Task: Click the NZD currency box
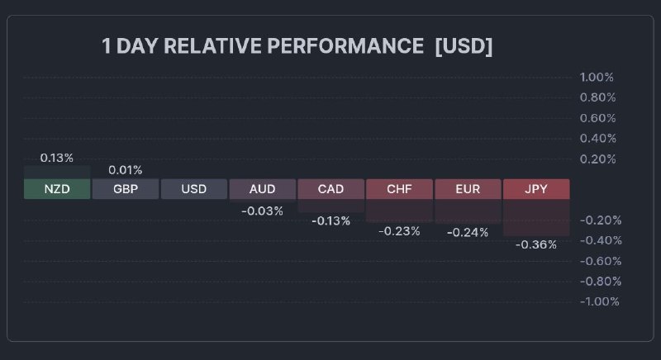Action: (56, 189)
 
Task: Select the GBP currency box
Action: (125, 189)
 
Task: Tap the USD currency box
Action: (193, 189)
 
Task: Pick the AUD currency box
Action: (262, 189)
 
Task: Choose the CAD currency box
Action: (330, 189)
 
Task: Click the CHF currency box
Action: (399, 189)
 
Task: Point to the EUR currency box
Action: (468, 189)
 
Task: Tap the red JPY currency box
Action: (536, 189)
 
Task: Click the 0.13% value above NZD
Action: (56, 158)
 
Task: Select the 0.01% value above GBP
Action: (125, 170)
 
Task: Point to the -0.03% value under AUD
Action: (262, 211)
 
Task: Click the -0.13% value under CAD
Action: (330, 220)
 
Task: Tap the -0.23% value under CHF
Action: (399, 231)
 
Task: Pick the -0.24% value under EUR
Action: (468, 232)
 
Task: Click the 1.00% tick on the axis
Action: (597, 78)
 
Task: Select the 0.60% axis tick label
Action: (597, 118)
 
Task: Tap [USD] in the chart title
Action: (464, 46)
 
